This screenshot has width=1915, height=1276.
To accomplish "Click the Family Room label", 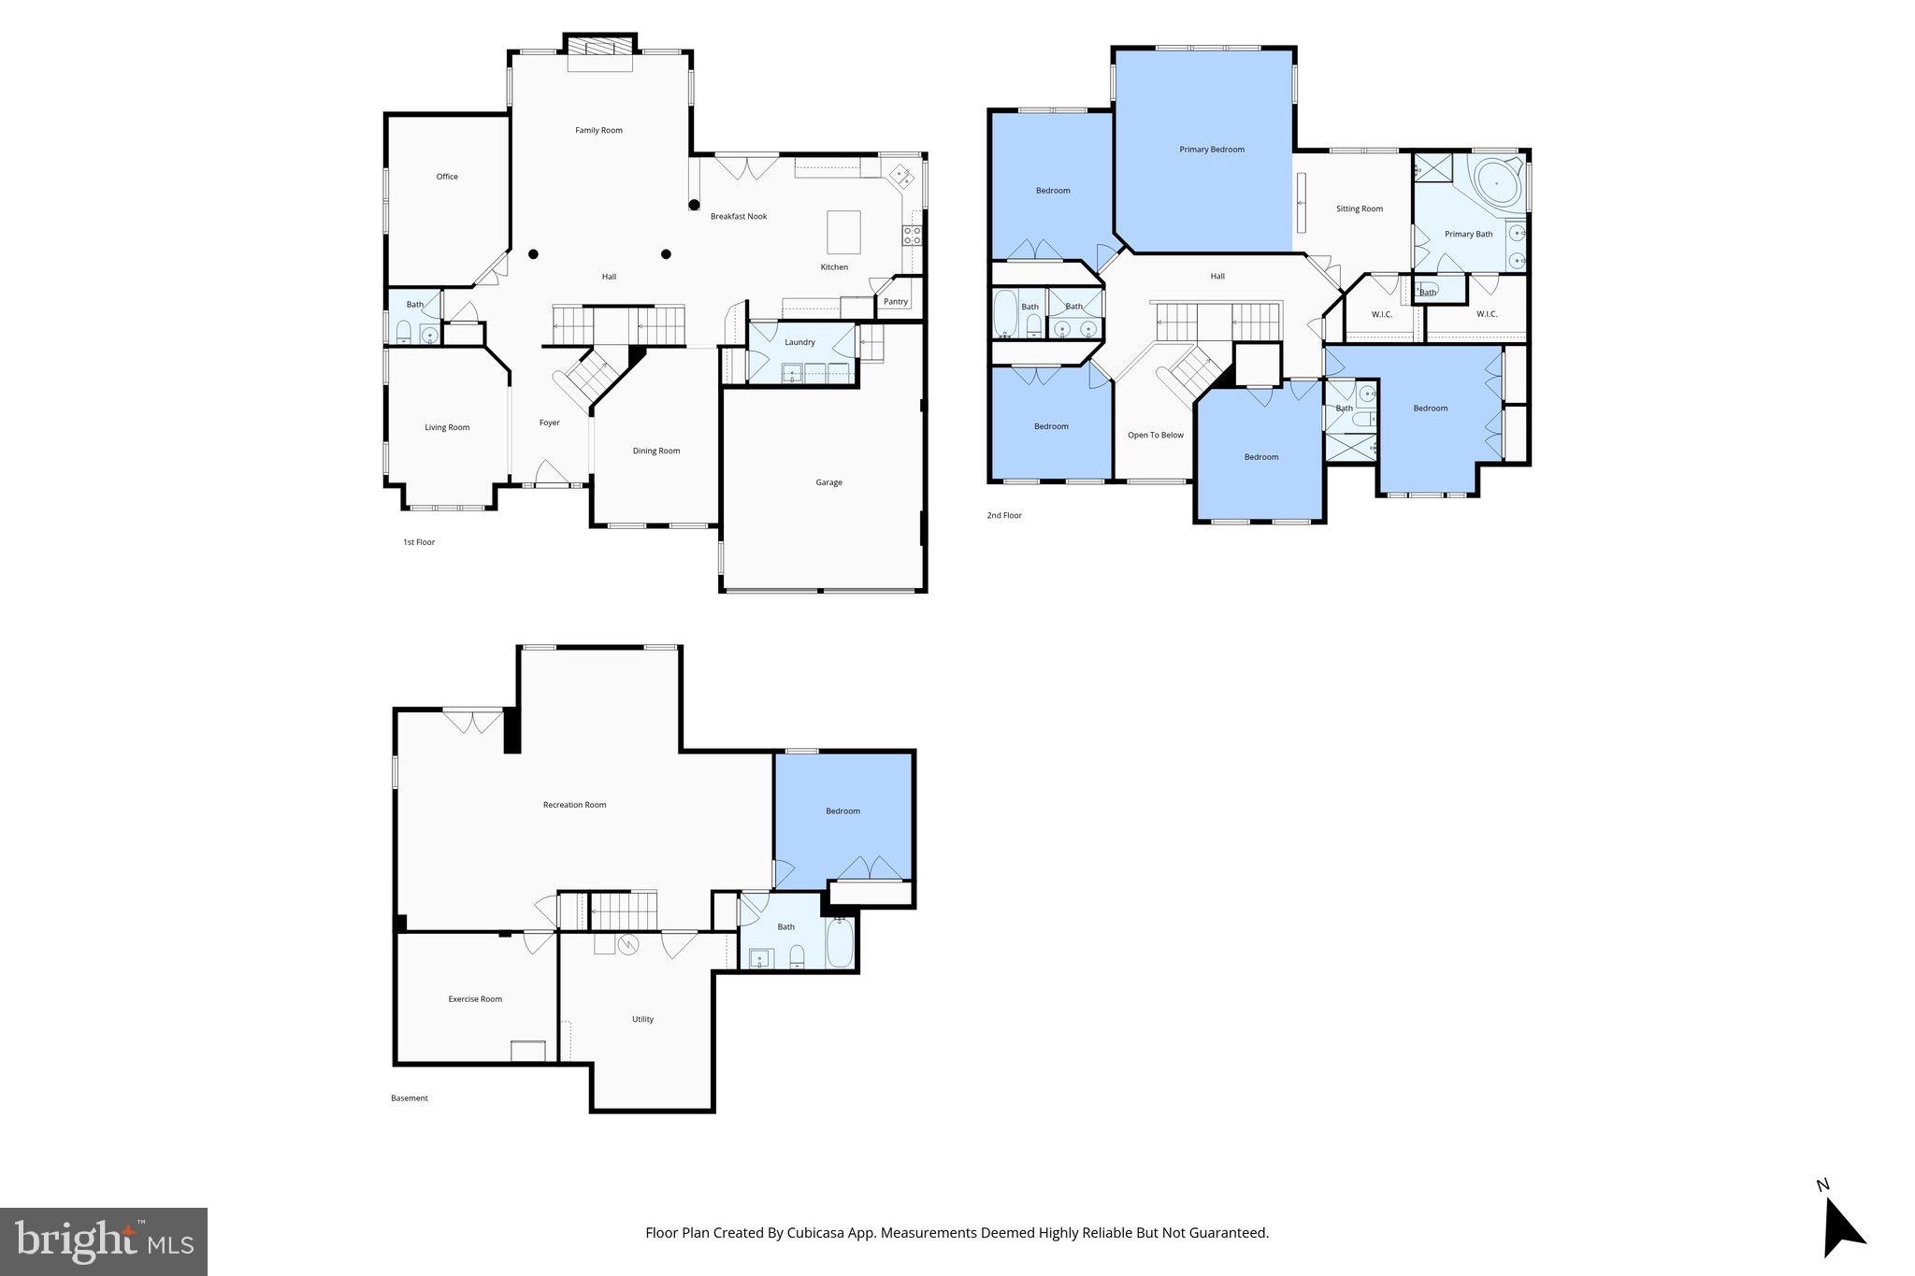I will pyautogui.click(x=598, y=131).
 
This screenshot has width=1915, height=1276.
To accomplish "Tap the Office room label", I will pyautogui.click(x=447, y=177).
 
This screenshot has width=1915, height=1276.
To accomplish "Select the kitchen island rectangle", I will pyautogui.click(x=843, y=232).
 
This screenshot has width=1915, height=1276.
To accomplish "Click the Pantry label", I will pyautogui.click(x=895, y=302).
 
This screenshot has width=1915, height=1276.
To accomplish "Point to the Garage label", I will pyautogui.click(x=828, y=482).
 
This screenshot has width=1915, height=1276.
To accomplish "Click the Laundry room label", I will pyautogui.click(x=799, y=342).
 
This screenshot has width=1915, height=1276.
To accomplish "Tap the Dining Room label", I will pyautogui.click(x=656, y=451).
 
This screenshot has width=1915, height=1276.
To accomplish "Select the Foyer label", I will pyautogui.click(x=550, y=423).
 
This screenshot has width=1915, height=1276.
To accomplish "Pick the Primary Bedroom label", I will pyautogui.click(x=1212, y=150).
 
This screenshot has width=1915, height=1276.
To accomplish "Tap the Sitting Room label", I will pyautogui.click(x=1359, y=209).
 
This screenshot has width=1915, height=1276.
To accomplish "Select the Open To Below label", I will pyautogui.click(x=1155, y=435).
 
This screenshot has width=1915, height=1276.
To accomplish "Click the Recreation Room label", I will pyautogui.click(x=574, y=805).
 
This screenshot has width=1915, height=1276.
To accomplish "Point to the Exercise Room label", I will pyautogui.click(x=475, y=999).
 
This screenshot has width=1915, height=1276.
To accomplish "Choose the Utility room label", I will pyautogui.click(x=642, y=1019).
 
